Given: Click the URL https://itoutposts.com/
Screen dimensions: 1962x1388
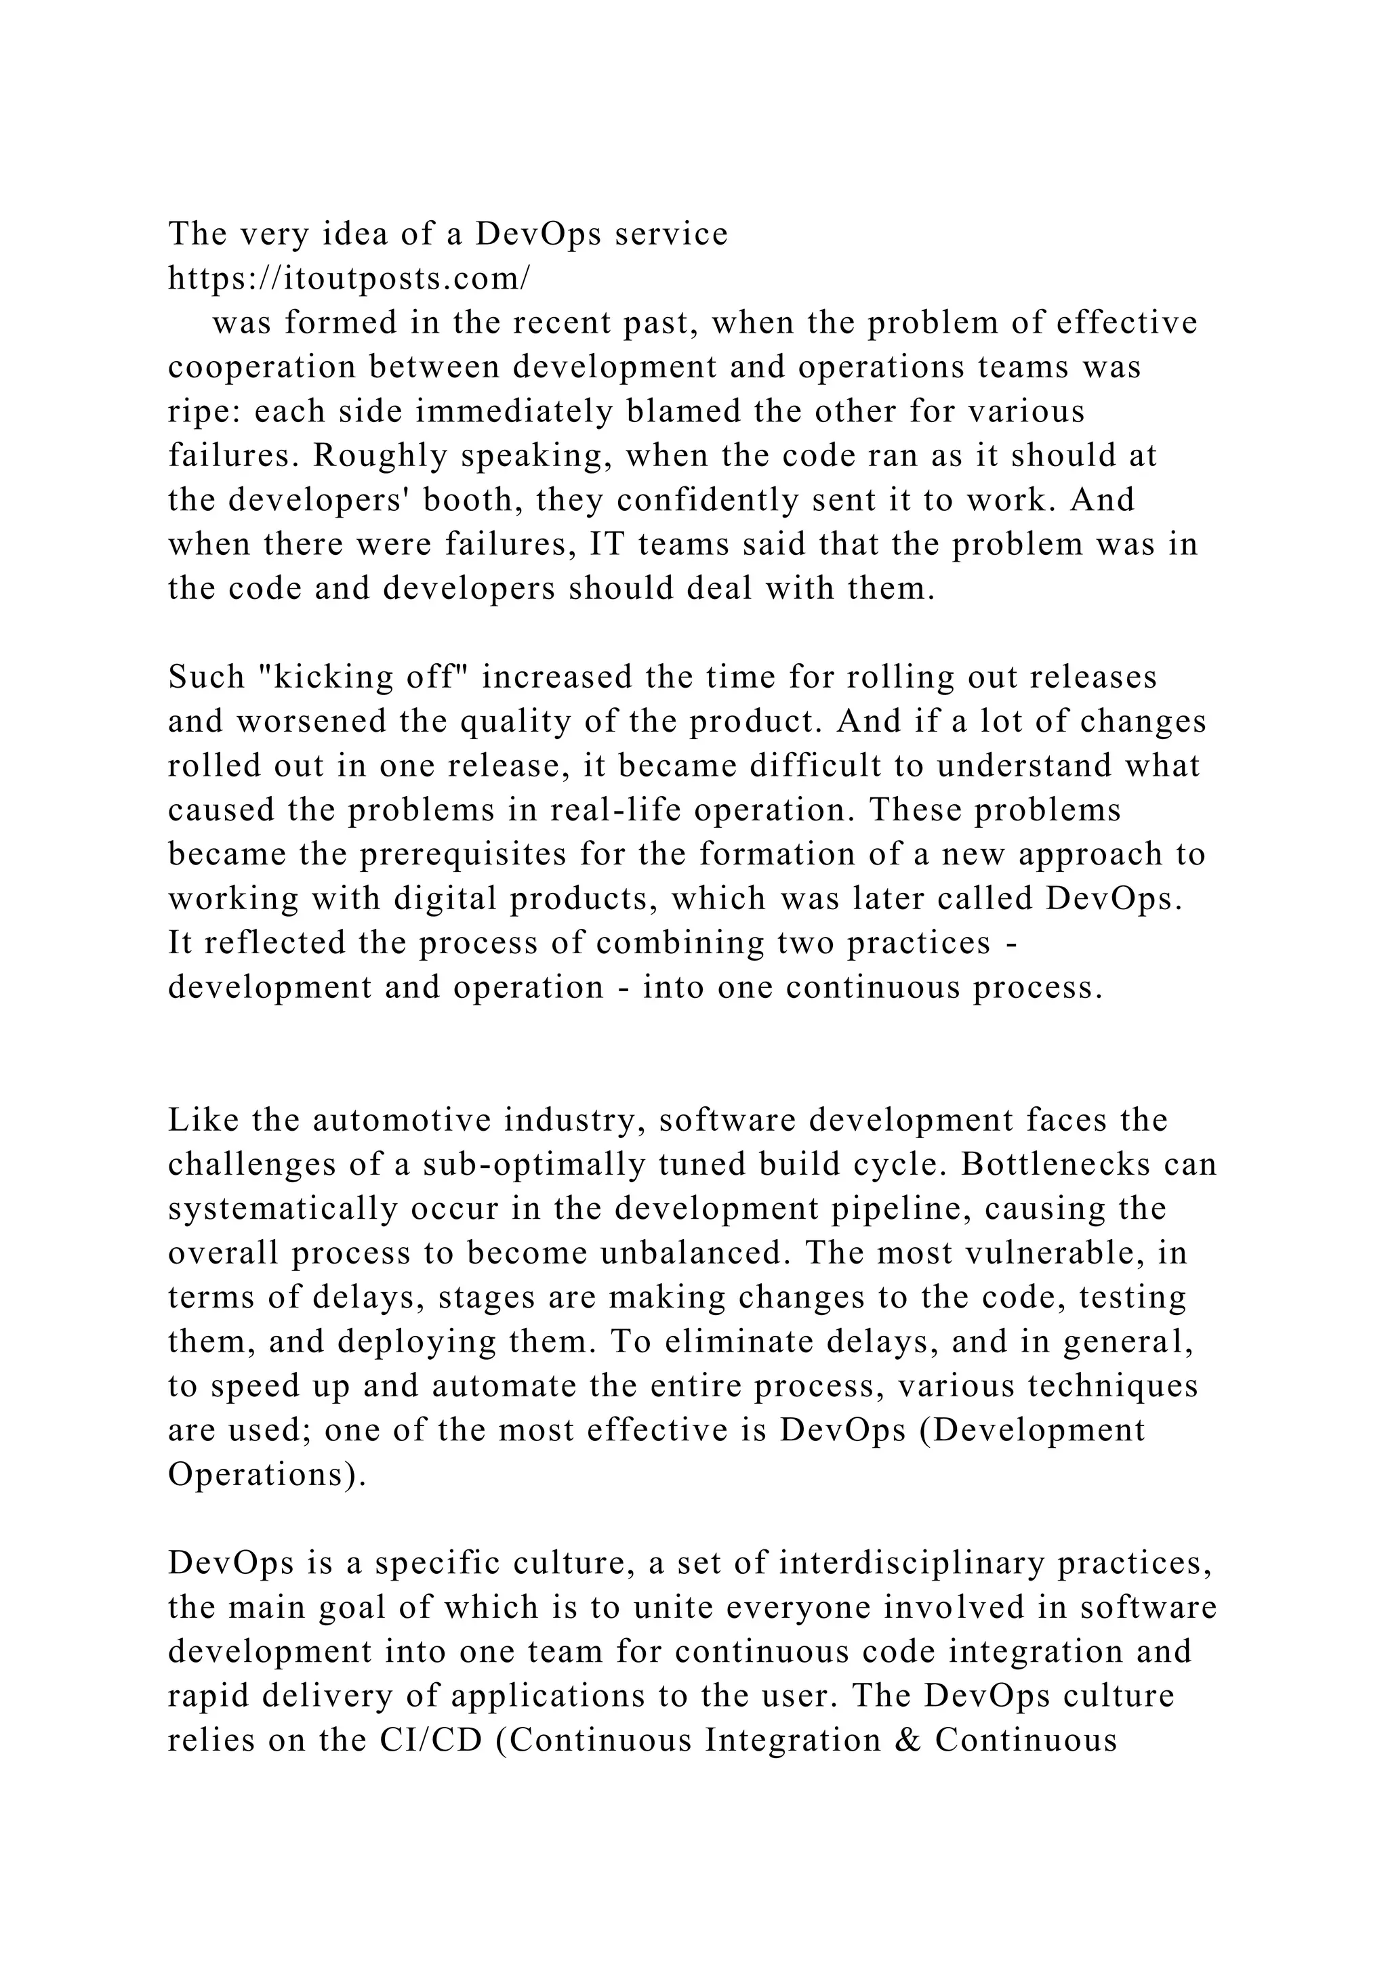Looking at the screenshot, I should click(x=349, y=278).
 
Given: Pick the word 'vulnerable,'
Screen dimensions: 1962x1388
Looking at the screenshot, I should click(x=1054, y=1253).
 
